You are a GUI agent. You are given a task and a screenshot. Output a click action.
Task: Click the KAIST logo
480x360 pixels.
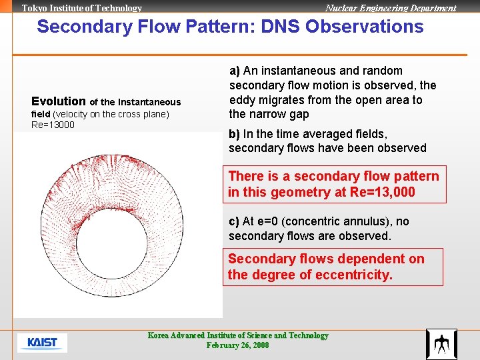tap(42, 343)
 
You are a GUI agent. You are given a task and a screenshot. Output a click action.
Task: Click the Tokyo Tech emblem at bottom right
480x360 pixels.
tap(441, 344)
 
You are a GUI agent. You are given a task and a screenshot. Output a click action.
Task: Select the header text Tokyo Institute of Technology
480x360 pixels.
tap(82, 8)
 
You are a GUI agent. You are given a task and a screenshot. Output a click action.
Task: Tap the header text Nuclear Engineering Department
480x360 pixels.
tap(391, 8)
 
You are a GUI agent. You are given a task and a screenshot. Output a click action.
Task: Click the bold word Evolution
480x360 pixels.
tap(59, 101)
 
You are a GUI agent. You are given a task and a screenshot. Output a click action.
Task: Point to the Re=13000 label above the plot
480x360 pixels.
tap(53, 125)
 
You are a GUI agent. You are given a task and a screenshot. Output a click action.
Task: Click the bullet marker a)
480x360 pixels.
tap(235, 71)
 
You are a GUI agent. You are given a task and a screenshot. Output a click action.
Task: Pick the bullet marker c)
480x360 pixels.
tap(234, 221)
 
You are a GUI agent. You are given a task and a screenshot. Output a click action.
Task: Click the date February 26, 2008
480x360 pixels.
tap(238, 345)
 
